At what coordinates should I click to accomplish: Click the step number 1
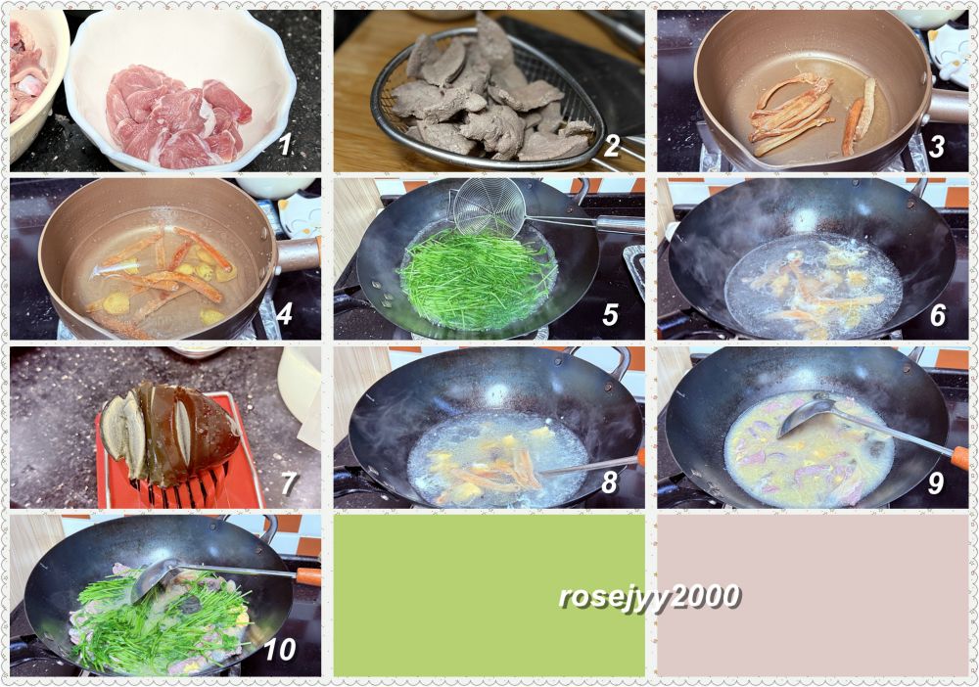point(285,145)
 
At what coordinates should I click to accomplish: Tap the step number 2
point(611,146)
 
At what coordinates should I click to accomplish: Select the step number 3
point(936,146)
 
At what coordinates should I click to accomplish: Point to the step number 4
point(284,314)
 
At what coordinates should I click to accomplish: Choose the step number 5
point(610,314)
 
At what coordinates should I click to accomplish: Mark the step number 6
point(937,315)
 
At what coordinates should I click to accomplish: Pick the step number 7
point(289,483)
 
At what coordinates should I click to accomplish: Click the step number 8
point(609,482)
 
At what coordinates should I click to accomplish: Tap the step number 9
point(935,482)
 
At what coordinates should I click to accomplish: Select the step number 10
point(280,650)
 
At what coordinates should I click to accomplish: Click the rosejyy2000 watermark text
point(649,597)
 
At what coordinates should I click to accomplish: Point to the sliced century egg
point(169,433)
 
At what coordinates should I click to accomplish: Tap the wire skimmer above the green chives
point(490,206)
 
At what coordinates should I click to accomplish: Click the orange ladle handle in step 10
point(308,575)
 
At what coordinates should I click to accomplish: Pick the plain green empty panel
point(489,595)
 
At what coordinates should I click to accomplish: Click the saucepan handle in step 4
point(299,252)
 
